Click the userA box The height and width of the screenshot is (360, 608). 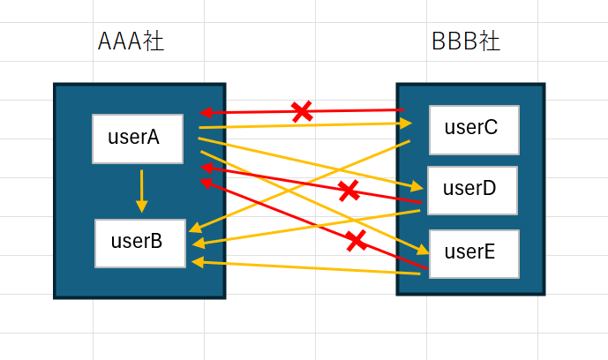138,139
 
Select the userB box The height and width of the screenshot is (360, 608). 140,244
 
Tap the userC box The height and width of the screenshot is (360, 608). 474,130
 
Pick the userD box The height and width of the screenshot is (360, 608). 473,191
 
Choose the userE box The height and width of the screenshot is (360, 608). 474,254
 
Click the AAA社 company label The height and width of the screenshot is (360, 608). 131,41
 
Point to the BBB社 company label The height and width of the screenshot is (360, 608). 466,41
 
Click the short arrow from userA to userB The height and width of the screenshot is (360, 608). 141,191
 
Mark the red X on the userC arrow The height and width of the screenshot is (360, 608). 302,111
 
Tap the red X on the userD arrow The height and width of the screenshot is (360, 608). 349,191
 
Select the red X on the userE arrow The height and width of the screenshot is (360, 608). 357,241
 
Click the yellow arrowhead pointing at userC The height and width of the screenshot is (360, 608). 406,124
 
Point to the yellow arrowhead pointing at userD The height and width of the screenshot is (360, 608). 417,187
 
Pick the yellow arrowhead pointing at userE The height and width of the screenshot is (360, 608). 423,251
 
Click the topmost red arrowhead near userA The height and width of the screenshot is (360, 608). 205,113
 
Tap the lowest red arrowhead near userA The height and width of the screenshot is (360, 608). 206,183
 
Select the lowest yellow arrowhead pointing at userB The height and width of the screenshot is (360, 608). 198,262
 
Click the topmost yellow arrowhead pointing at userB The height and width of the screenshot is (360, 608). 195,229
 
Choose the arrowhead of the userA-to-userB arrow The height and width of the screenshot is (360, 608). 141,206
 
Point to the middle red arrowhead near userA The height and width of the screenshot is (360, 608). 206,168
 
